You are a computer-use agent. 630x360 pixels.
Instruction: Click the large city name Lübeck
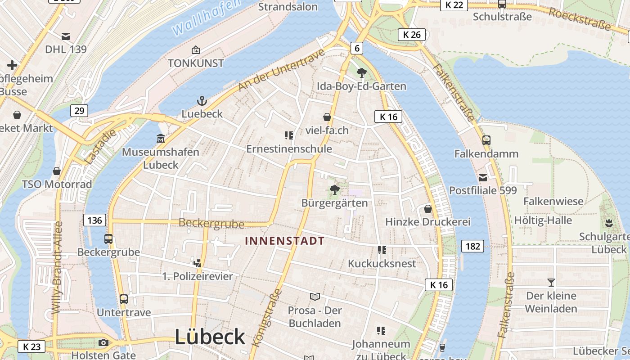point(210,337)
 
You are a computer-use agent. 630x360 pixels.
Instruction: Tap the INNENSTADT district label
point(284,241)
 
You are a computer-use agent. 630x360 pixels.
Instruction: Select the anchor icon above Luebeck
point(202,101)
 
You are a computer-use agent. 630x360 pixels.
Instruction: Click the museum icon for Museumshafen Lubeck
point(161,139)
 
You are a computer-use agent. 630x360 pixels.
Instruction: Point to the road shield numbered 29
point(79,110)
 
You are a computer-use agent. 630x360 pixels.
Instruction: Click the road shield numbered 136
point(94,220)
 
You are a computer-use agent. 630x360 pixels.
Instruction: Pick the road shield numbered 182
point(472,246)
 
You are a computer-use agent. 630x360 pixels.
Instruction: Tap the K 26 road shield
point(412,35)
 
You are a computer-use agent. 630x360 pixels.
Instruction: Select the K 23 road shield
point(31,346)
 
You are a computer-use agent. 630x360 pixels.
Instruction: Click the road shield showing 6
point(356,48)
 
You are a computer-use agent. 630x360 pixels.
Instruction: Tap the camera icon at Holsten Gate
point(103,343)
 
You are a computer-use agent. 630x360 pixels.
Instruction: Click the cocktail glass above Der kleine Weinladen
point(551,283)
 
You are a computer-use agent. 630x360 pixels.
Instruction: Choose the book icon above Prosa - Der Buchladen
point(315,297)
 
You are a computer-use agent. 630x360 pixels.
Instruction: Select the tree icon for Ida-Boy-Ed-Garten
point(361,72)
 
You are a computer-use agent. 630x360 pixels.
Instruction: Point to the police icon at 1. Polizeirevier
point(197,263)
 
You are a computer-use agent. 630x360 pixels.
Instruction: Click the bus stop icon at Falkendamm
point(486,140)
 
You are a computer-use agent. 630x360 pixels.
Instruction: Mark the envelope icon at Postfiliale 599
point(482,177)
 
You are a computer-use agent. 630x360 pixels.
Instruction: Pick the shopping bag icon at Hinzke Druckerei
point(427,209)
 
